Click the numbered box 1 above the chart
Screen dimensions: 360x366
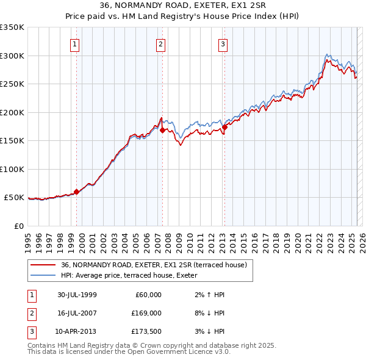(x=74, y=44)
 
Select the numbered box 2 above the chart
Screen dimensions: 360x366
(x=160, y=44)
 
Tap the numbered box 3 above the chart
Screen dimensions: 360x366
(x=223, y=44)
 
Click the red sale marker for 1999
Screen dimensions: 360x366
(x=77, y=192)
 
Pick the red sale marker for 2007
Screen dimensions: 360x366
(x=162, y=130)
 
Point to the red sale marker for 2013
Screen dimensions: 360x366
(x=224, y=128)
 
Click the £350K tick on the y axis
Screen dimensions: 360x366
(x=12, y=27)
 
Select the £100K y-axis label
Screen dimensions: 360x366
(x=12, y=169)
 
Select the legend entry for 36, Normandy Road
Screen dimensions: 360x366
(x=153, y=265)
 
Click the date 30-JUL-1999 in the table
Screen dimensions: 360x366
(x=77, y=295)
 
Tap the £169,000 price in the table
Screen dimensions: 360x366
(x=146, y=313)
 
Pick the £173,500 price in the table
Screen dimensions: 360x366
(x=146, y=331)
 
